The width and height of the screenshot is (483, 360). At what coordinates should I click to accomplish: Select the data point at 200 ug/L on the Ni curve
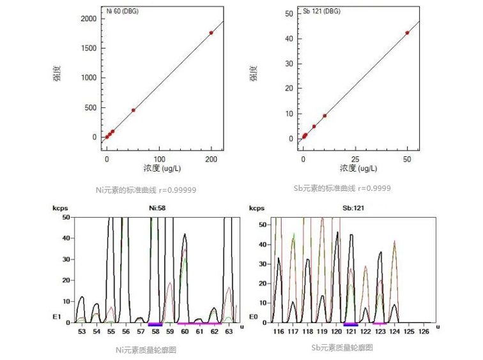tap(211, 33)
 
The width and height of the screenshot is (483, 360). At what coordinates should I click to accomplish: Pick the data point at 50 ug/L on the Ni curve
tap(134, 110)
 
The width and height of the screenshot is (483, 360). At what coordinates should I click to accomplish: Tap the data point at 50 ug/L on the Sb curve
tap(408, 33)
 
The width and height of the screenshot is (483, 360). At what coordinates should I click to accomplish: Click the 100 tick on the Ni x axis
tap(159, 158)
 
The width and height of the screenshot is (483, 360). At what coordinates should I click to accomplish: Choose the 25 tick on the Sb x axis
tap(356, 158)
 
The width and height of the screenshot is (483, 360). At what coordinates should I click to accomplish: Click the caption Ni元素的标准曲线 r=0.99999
tap(146, 189)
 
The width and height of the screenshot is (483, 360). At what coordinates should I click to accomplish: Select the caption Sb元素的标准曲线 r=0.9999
tap(342, 189)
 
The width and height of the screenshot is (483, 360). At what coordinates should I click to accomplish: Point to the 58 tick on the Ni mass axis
tap(155, 332)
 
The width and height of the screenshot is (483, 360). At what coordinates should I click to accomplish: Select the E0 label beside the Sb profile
tap(254, 315)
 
